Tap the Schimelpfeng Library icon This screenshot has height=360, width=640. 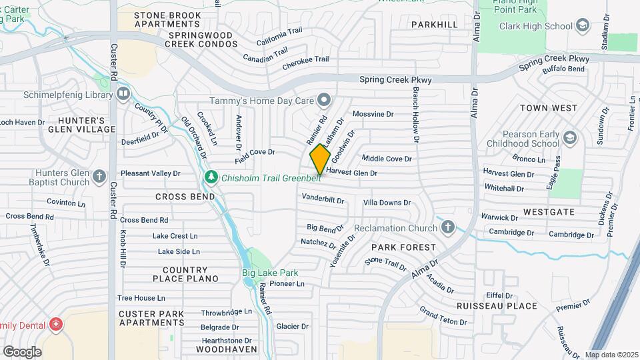[123, 95]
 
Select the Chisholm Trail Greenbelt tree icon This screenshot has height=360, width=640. [211, 177]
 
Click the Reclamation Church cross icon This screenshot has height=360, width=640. [448, 228]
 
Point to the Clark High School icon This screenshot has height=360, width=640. [582, 26]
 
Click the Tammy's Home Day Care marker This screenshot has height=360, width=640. [324, 100]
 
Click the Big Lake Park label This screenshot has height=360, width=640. [269, 273]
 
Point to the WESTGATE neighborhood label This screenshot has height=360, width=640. [549, 212]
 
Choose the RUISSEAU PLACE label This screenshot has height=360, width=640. [497, 306]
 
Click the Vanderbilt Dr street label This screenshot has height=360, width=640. [323, 199]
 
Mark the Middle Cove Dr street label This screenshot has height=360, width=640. [387, 159]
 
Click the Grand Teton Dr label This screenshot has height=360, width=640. [443, 316]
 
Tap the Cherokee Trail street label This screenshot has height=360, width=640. [306, 60]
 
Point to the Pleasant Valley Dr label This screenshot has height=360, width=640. [150, 173]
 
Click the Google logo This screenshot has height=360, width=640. [22, 351]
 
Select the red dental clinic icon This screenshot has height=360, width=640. [56, 325]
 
